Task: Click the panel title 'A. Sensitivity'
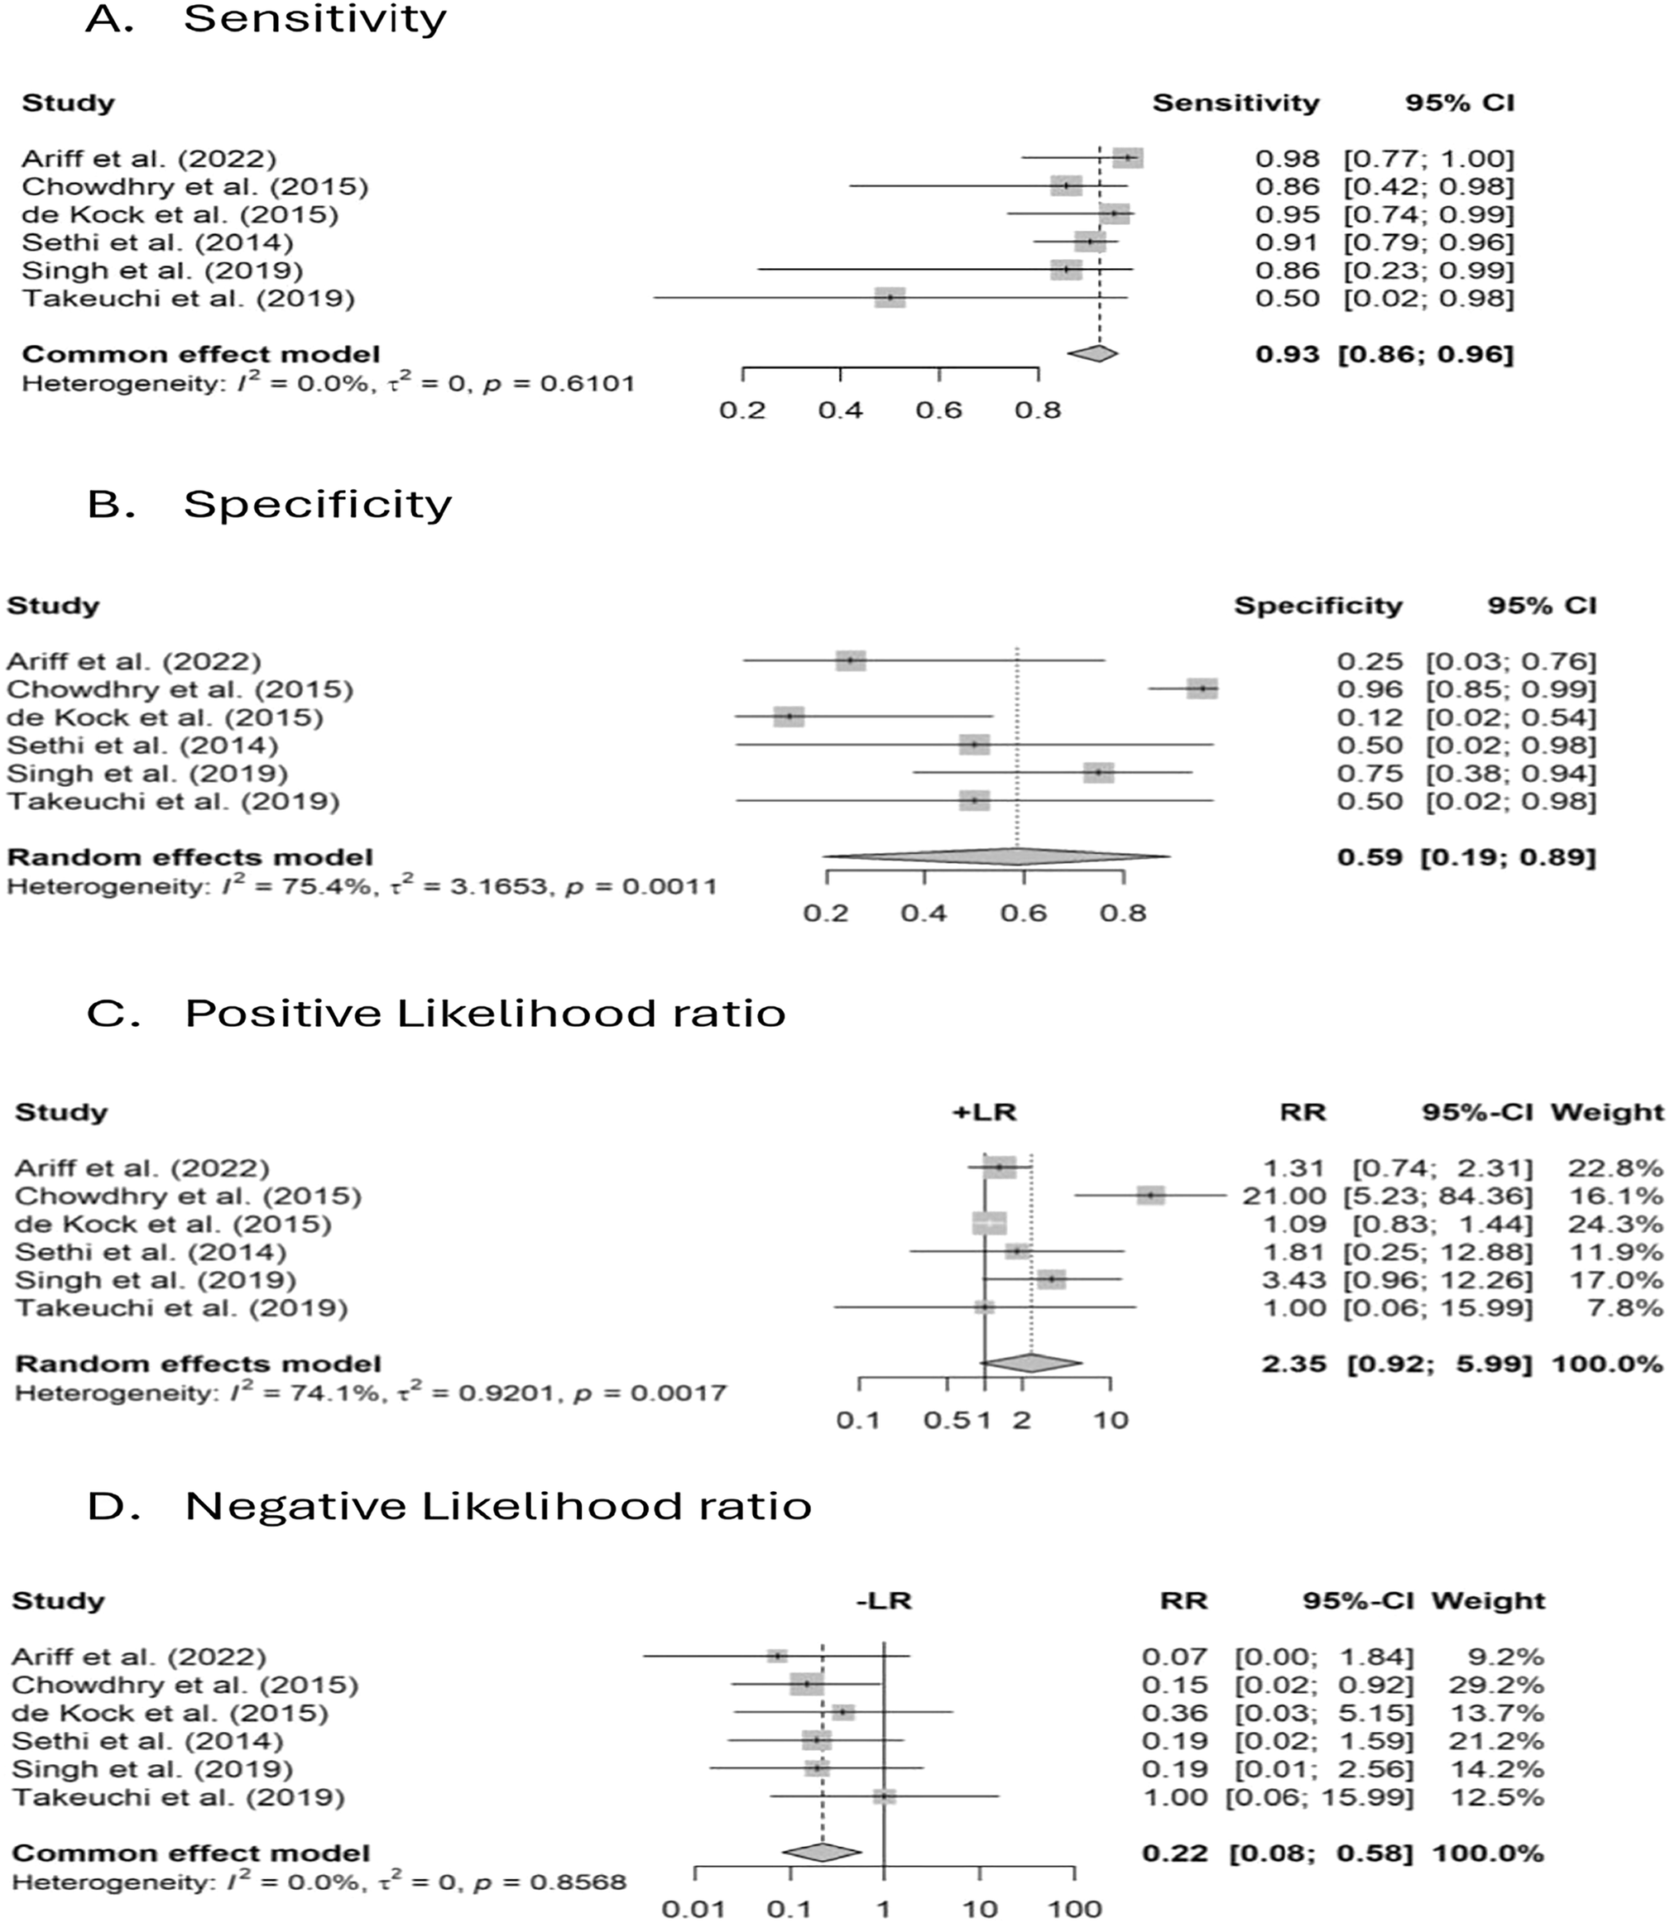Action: pyautogui.click(x=266, y=19)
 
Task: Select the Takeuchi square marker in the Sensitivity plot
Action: pyautogui.click(x=890, y=298)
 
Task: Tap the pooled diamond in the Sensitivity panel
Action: pyautogui.click(x=1093, y=353)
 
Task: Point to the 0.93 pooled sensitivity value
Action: pyautogui.click(x=1287, y=355)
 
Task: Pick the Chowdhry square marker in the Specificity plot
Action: pyautogui.click(x=1202, y=689)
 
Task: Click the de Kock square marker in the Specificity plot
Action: pyautogui.click(x=789, y=717)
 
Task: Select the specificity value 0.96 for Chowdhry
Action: pyautogui.click(x=1369, y=690)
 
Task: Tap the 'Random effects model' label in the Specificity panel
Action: pyautogui.click(x=190, y=857)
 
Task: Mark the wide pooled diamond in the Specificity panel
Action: pyautogui.click(x=997, y=856)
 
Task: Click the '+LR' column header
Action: pyautogui.click(x=984, y=1112)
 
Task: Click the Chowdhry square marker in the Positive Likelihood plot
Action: pyautogui.click(x=1151, y=1196)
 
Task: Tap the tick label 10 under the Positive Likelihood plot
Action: pyautogui.click(x=1111, y=1421)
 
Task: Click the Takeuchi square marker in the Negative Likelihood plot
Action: pyautogui.click(x=885, y=1797)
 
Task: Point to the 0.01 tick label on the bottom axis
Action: pyautogui.click(x=693, y=1909)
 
